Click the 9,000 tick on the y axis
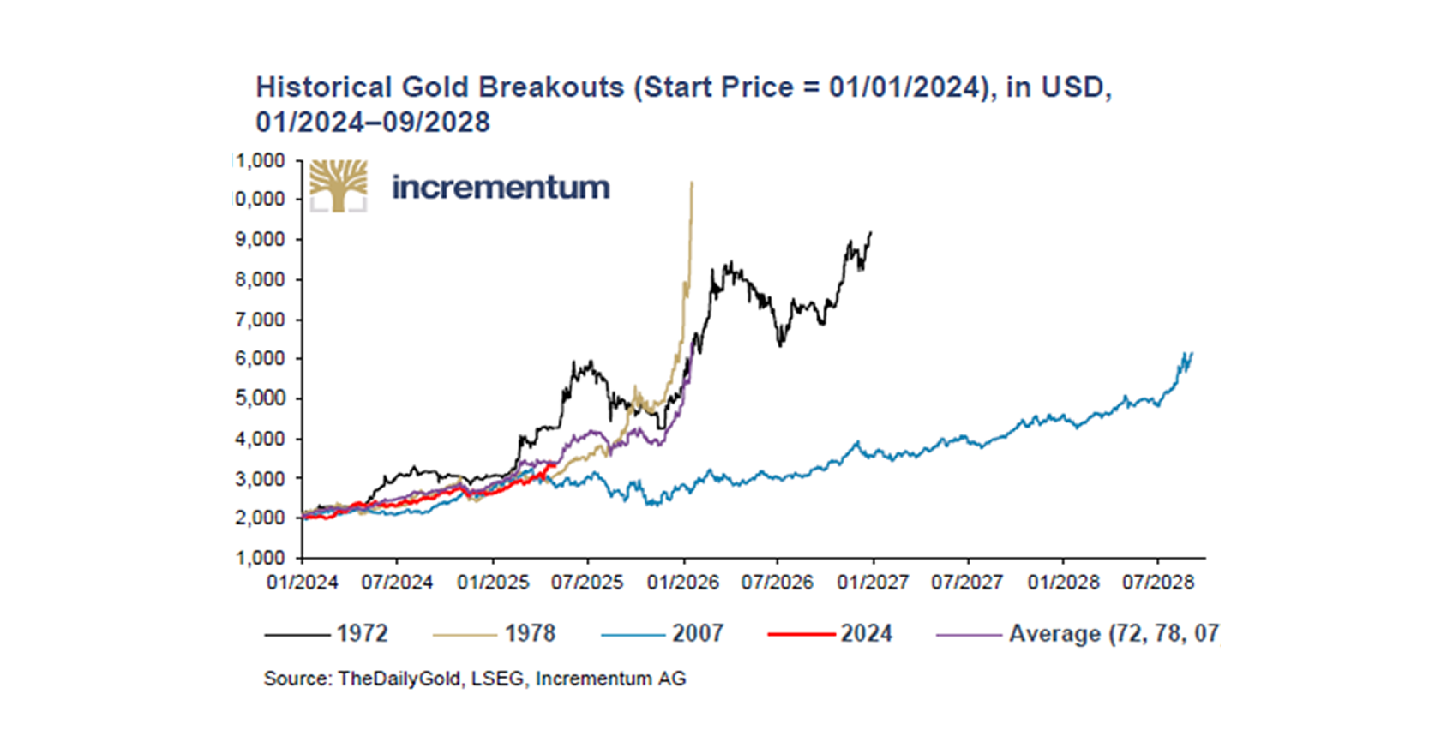260,240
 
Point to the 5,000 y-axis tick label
260,398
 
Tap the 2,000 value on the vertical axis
260,518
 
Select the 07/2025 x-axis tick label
587,583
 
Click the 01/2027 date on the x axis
873,583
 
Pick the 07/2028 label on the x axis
1158,583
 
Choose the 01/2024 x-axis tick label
303,583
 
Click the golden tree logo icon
339,185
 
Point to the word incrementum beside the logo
501,187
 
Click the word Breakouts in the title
551,87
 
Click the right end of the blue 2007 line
1192,353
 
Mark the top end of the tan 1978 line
692,183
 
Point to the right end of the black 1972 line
871,232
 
